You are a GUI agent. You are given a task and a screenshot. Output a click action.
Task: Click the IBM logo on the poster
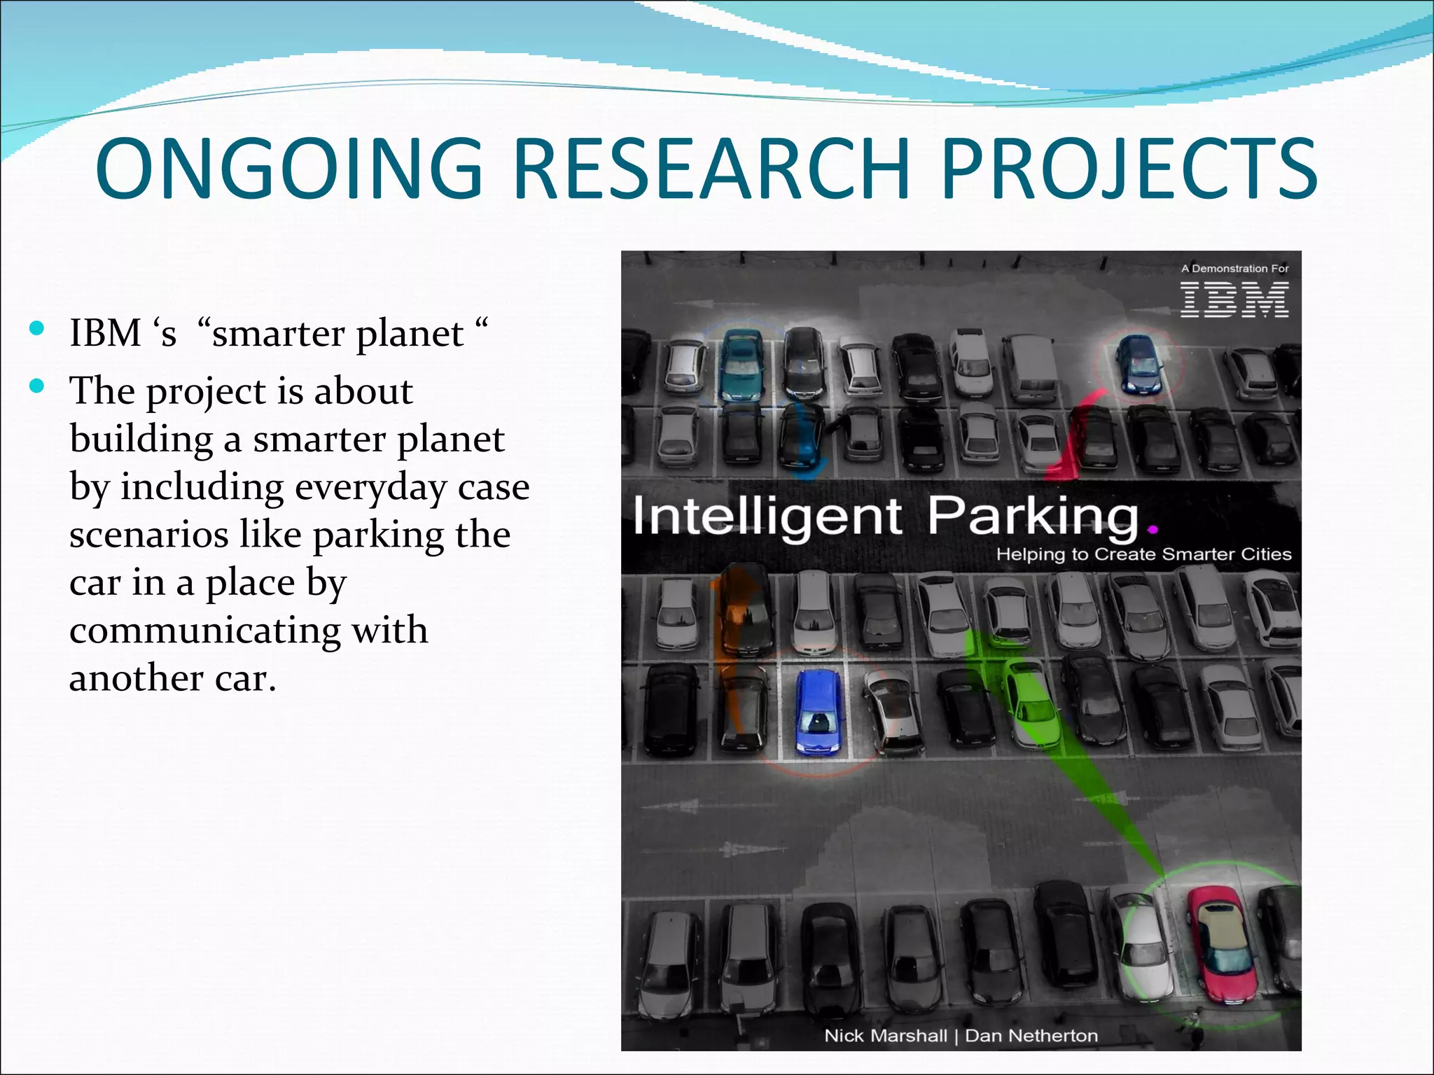pos(1234,300)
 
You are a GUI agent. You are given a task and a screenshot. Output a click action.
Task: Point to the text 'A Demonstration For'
pos(1234,269)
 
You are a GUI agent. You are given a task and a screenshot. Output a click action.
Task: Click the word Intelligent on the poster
pos(767,517)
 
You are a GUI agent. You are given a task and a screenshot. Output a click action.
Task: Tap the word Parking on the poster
pos(1033,517)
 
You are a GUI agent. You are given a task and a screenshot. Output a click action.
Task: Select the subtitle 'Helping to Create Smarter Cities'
pos(1143,554)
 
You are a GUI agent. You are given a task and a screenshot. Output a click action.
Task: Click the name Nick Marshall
pos(885,1036)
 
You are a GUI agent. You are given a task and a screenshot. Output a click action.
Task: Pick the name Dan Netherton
pos(1031,1036)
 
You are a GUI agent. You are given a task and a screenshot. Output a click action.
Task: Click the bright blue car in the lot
pos(818,712)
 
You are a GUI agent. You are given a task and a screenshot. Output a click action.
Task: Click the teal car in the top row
pos(742,365)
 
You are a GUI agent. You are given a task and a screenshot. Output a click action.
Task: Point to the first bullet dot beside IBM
pos(38,328)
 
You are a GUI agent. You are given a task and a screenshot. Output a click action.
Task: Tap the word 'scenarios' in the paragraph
pos(149,535)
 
